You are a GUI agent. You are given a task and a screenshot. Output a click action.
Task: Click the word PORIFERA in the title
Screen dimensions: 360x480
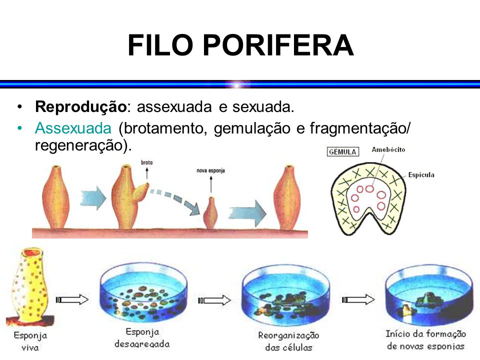[278, 46]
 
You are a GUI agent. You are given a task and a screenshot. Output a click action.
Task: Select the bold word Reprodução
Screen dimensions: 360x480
[79, 107]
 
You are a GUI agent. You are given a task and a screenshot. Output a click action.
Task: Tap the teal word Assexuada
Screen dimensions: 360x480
[72, 128]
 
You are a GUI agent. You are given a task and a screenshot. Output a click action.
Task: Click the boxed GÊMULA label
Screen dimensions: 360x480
[342, 151]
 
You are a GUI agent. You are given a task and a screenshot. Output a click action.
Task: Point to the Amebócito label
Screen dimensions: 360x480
[388, 149]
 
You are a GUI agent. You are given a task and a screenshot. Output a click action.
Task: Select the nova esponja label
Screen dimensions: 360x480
[210, 170]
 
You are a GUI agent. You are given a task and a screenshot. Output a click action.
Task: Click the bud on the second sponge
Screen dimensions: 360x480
[141, 190]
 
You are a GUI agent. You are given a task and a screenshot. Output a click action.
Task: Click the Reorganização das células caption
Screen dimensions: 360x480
[289, 340]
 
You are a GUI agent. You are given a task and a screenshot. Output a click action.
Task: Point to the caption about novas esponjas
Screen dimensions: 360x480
[425, 340]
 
